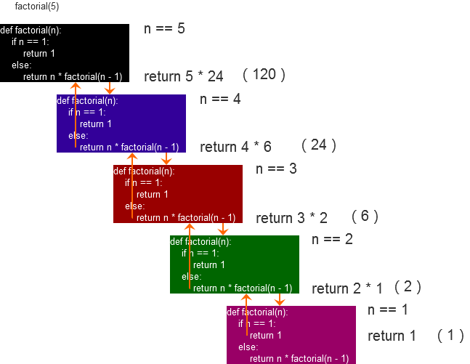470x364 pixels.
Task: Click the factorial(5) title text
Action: coord(36,7)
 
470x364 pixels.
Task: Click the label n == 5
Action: coord(165,29)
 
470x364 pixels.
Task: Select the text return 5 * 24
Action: coord(183,76)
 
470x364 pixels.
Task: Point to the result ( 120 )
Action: coord(264,74)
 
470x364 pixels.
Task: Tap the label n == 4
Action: coord(220,99)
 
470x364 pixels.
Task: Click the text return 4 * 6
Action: coord(235,147)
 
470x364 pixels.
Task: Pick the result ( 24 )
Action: coord(318,145)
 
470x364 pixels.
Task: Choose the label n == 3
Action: coord(276,169)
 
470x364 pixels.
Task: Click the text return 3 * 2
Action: coord(291,218)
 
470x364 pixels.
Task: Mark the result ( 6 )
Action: coord(365,216)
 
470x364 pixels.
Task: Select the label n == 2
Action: coord(332,239)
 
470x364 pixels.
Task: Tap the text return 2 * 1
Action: coord(347,288)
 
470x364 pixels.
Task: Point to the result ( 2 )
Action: coord(408,286)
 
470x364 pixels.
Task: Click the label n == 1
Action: coord(388,310)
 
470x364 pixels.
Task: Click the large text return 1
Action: coord(392,336)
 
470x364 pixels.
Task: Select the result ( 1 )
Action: coord(450,335)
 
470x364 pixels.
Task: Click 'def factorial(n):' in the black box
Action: coord(31,31)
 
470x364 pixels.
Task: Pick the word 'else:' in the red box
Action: coord(134,206)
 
